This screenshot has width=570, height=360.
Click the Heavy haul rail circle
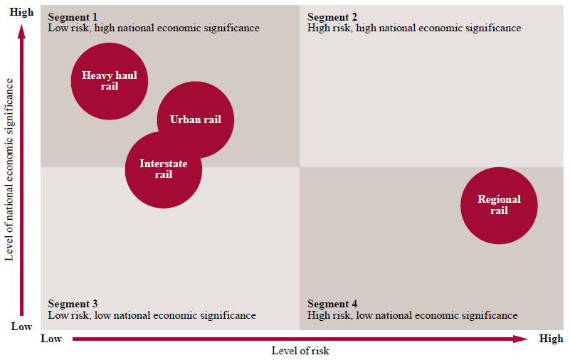pos(110,80)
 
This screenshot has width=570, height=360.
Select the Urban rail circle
pos(196,120)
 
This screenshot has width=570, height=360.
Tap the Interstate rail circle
pos(164,169)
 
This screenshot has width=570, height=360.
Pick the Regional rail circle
pos(499,205)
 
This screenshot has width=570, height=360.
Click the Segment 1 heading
pos(73,17)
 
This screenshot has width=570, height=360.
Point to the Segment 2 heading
pos(332,17)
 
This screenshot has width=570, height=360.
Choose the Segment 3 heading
pos(73,304)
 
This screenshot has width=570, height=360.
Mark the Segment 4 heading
pos(332,304)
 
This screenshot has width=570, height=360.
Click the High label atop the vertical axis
pos(22,12)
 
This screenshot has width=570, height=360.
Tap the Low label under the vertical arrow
pos(22,327)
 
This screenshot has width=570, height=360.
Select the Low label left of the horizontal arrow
pos(51,339)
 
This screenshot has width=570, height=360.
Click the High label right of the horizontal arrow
pos(551,339)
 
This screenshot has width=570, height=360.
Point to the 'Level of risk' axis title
pos(300,351)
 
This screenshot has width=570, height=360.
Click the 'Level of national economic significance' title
pos(10,169)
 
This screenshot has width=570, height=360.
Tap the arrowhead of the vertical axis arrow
pos(22,30)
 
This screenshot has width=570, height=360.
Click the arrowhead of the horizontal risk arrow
pos(523,339)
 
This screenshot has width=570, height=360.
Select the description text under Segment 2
pos(414,28)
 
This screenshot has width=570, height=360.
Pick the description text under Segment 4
pos(413,315)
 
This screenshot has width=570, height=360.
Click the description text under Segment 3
pos(152,315)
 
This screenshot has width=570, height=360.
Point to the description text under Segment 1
pos(154,28)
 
